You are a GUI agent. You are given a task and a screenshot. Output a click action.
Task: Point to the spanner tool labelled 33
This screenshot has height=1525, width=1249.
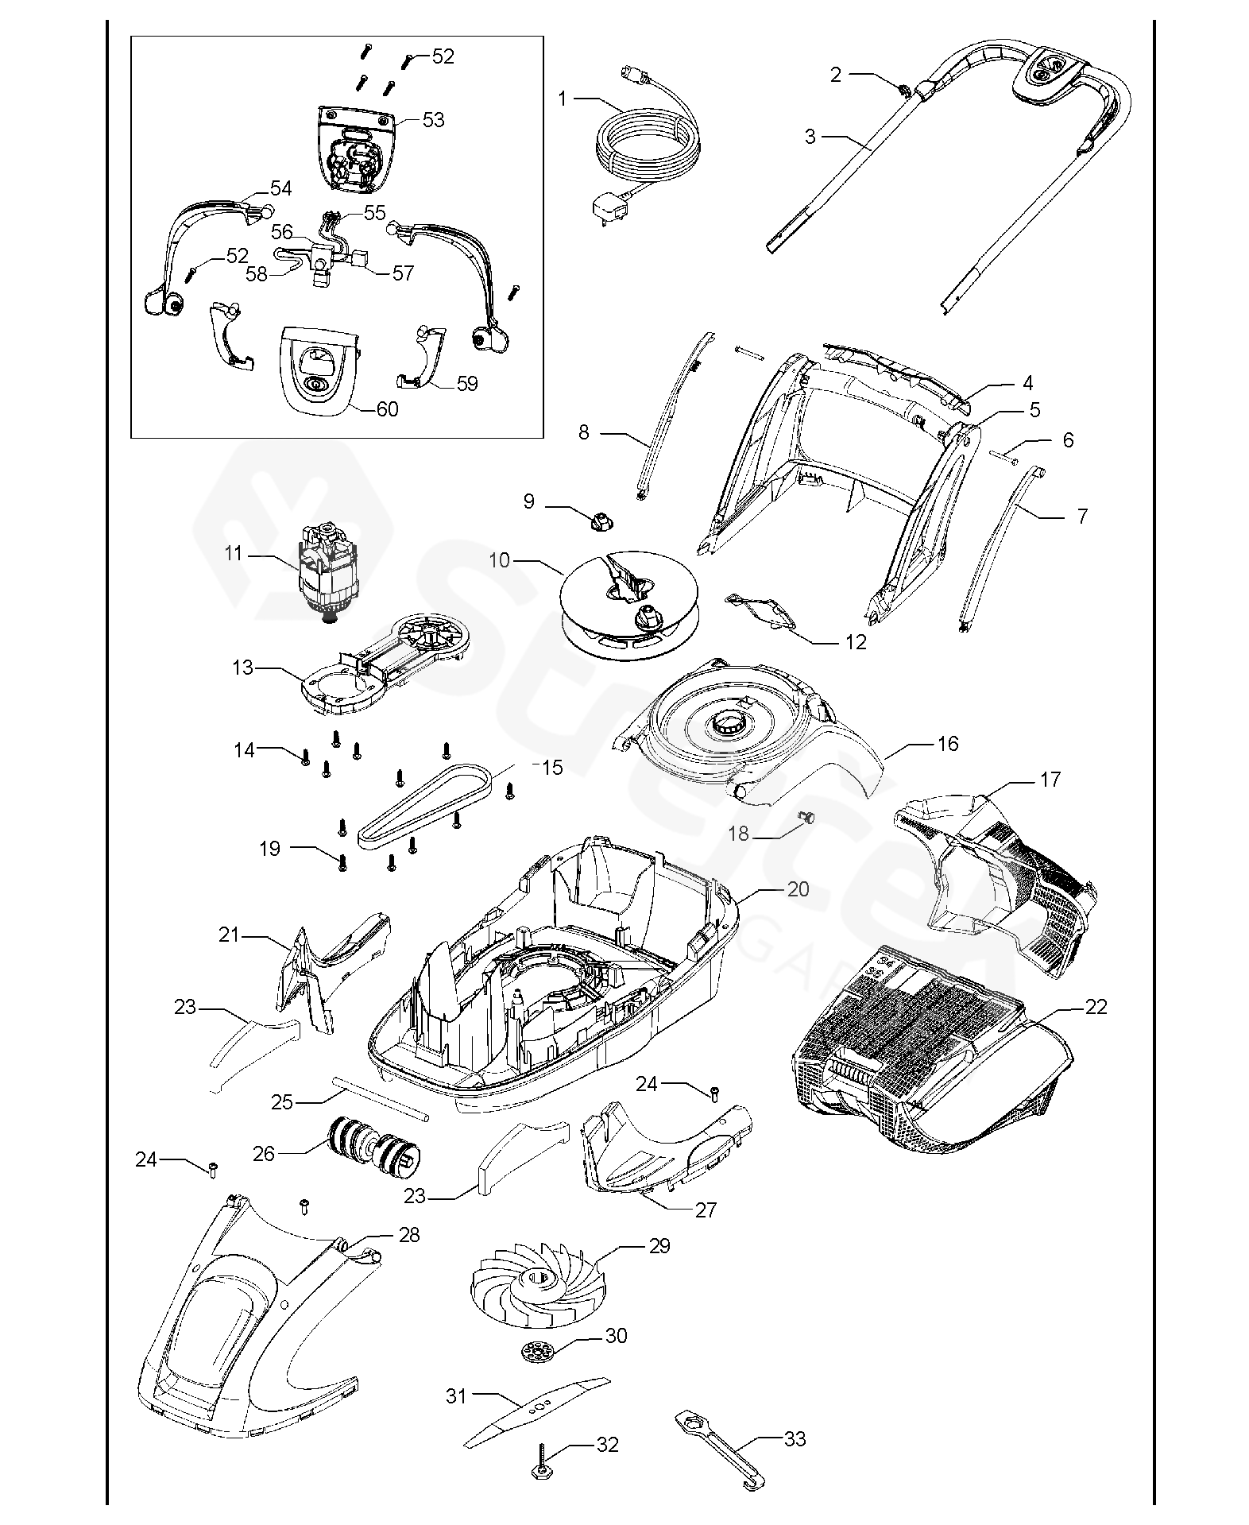point(719,1455)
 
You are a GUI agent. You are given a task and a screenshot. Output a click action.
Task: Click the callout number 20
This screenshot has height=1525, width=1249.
point(798,889)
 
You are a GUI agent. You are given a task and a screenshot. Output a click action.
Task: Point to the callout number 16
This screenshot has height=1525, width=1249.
point(948,744)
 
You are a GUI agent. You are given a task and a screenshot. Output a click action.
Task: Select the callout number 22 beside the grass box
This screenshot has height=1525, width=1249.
point(1096,1007)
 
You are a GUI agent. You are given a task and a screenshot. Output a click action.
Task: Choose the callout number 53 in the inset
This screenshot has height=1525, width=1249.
point(433,120)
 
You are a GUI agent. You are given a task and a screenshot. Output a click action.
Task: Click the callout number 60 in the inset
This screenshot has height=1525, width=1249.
point(387,409)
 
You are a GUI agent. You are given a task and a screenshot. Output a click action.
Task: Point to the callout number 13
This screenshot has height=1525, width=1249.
point(242,668)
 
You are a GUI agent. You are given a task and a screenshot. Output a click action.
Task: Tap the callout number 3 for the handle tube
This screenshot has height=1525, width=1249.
point(810,137)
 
